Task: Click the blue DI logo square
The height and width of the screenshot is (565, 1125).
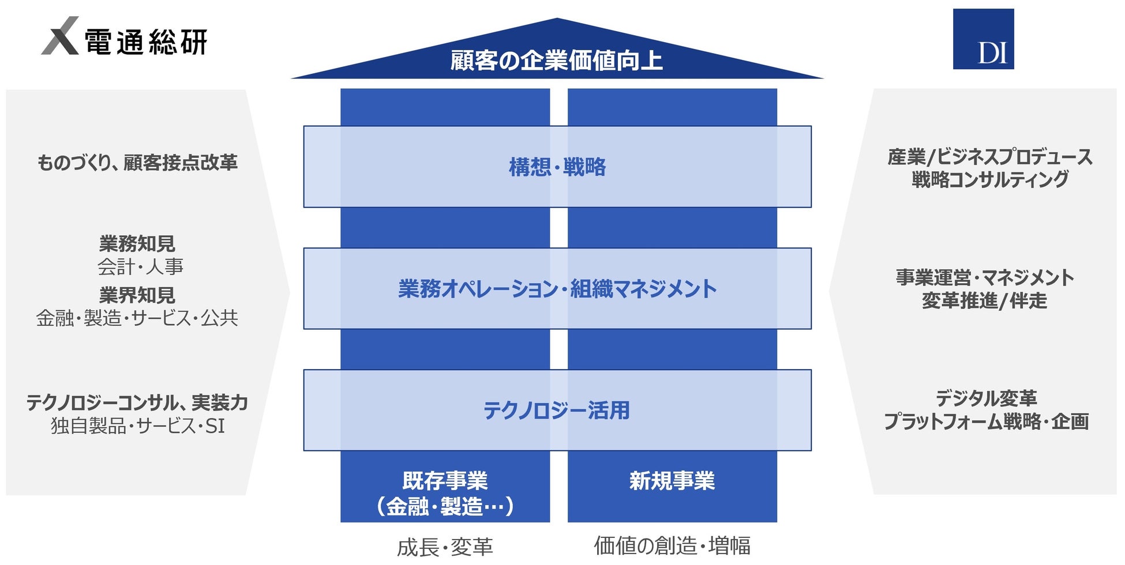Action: (x=983, y=39)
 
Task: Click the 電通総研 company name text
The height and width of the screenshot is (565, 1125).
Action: (x=146, y=42)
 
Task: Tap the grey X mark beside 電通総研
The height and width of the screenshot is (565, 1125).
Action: (x=60, y=36)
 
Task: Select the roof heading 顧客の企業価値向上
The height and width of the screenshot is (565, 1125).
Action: (x=556, y=61)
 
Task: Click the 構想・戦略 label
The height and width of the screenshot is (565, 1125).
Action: (x=557, y=167)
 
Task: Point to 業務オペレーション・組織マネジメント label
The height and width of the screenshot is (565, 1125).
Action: (x=557, y=289)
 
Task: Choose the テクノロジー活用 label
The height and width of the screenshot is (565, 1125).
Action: (x=557, y=410)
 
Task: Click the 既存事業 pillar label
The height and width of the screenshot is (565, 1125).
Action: (x=445, y=481)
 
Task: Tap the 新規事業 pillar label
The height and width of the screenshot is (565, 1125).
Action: (x=672, y=481)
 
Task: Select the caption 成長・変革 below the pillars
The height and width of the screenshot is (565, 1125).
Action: (x=445, y=547)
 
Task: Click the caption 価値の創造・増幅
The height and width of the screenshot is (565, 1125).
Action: (x=672, y=545)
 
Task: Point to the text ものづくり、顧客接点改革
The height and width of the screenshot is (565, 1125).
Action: (x=137, y=163)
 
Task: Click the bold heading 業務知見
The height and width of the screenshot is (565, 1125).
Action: (x=137, y=244)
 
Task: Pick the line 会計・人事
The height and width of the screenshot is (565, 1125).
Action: (x=140, y=266)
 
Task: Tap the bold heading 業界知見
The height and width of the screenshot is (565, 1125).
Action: (x=137, y=295)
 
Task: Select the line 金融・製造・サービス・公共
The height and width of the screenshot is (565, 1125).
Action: (x=137, y=318)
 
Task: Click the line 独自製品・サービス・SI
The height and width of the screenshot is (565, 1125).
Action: (x=137, y=426)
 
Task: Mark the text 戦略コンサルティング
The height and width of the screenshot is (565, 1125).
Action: (x=990, y=180)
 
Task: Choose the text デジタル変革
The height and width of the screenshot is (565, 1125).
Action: (x=986, y=398)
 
